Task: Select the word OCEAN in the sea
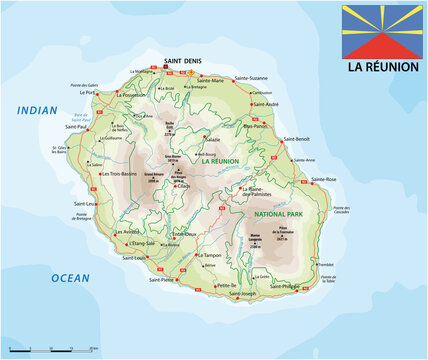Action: (70, 277)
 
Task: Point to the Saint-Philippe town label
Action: (286, 286)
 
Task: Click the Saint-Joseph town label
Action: (244, 293)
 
